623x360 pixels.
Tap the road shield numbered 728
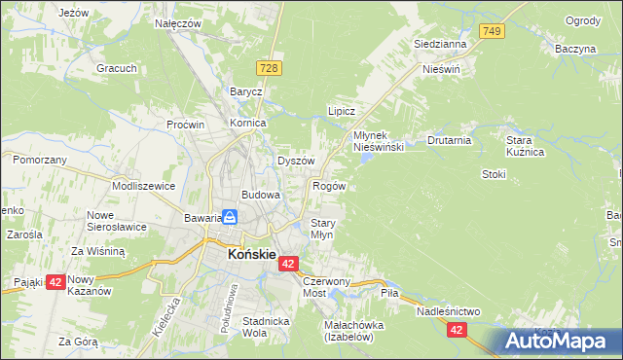(x=271, y=66)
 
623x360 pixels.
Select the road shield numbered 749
(x=492, y=32)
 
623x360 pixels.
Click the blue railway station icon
(x=230, y=218)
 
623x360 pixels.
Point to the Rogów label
(x=328, y=185)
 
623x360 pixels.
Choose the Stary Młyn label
(x=322, y=229)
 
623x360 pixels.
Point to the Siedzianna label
(x=440, y=44)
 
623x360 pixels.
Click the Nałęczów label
(x=178, y=22)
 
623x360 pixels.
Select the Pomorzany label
(x=40, y=159)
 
